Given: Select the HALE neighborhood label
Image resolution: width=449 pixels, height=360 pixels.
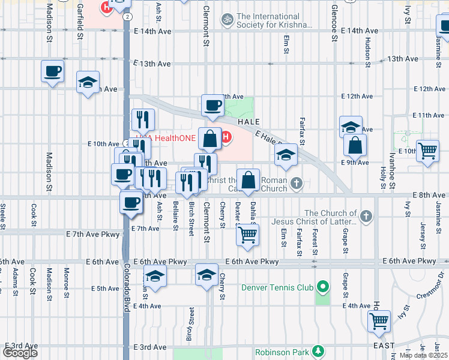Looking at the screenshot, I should [249, 121].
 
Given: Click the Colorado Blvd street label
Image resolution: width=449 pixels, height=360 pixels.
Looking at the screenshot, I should [127, 282].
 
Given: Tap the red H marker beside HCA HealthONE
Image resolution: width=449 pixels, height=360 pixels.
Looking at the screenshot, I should [226, 138].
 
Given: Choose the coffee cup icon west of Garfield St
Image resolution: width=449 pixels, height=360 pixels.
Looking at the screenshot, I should [53, 71].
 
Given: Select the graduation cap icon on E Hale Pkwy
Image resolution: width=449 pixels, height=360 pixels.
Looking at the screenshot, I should [286, 157].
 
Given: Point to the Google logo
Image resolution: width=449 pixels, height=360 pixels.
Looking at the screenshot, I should [20, 353].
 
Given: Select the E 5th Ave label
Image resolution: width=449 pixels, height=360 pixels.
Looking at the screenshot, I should [105, 289].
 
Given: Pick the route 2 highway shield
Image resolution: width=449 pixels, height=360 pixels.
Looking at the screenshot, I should [128, 17].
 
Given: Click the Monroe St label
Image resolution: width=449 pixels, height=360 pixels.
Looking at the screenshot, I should [65, 280].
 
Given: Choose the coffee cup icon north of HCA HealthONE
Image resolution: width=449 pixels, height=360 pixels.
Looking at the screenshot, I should [212, 106].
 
